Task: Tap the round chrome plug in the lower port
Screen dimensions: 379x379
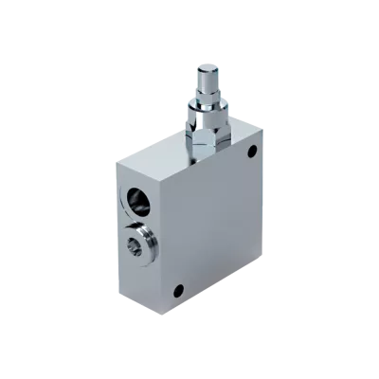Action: tap(140, 244)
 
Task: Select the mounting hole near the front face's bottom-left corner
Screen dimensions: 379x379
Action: tap(177, 290)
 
